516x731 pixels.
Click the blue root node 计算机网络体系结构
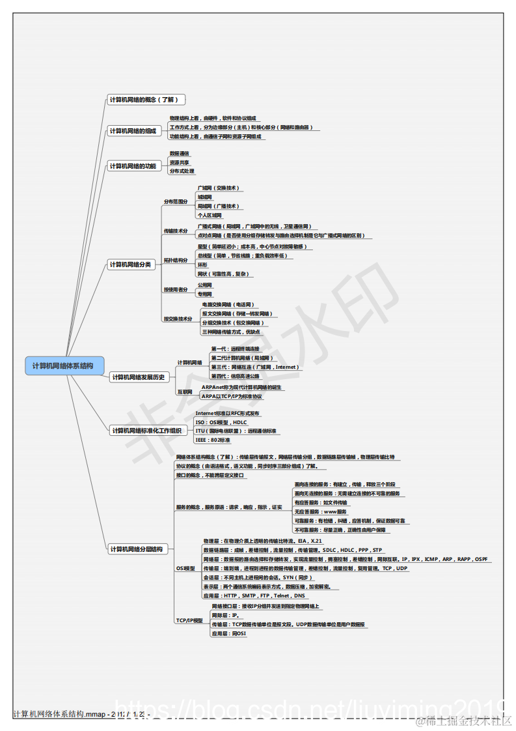(x=62, y=365)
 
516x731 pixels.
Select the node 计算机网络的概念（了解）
(x=143, y=100)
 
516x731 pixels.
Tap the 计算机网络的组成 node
(x=133, y=131)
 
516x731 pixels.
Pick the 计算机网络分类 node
(x=130, y=265)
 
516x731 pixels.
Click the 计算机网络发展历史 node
(x=139, y=377)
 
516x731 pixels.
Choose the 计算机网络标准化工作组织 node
(x=146, y=430)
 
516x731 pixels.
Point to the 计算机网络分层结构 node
(x=136, y=549)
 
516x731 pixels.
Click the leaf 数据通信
(x=180, y=154)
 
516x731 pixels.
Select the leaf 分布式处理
(x=182, y=171)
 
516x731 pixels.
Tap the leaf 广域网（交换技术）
(x=219, y=188)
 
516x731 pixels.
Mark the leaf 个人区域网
(x=210, y=215)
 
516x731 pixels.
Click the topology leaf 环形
(x=203, y=265)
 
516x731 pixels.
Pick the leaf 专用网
(x=205, y=294)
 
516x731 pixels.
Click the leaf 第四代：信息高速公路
(x=235, y=376)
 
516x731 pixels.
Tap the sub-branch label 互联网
(x=185, y=392)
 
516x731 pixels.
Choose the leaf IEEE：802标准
(x=213, y=440)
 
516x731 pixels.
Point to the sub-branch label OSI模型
(x=185, y=569)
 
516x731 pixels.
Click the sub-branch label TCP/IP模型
(x=189, y=620)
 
